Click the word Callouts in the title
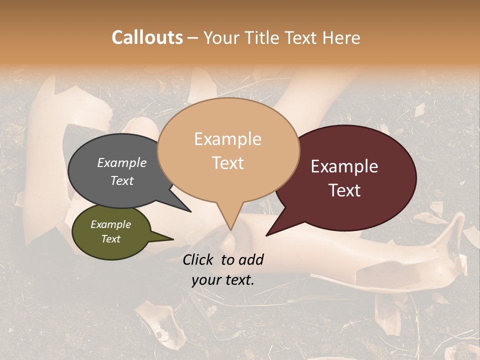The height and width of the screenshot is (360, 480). point(147,37)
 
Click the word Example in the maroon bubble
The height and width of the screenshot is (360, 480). point(344,166)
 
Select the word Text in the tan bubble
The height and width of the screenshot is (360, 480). point(228,163)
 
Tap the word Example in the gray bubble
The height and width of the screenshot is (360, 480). point(122,162)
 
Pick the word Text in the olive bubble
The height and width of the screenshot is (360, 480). point(111,239)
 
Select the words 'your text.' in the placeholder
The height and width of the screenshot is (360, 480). point(223,280)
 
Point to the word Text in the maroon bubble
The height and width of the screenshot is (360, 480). point(345,190)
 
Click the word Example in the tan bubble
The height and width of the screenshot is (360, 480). point(228,139)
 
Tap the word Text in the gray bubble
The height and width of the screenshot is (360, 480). point(122,180)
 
